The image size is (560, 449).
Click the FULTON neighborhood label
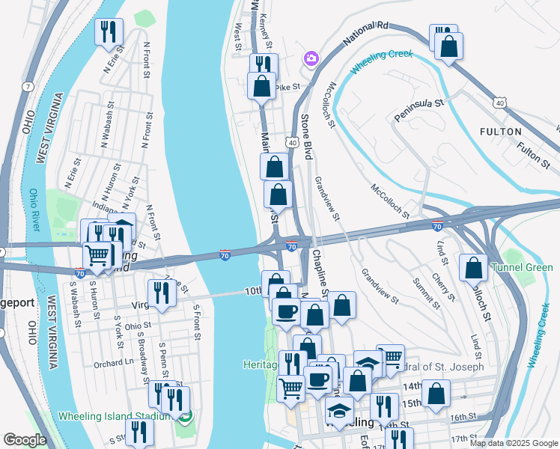pyautogui.click(x=501, y=132)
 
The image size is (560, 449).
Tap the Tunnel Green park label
pyautogui.click(x=521, y=268)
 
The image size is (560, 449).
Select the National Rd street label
pyautogui.click(x=366, y=35)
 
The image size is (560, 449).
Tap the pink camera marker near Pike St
pyautogui.click(x=311, y=58)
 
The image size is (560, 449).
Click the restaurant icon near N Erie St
pyautogui.click(x=109, y=31)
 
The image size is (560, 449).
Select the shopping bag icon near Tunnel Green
pyautogui.click(x=474, y=268)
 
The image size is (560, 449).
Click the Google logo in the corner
pyautogui.click(x=25, y=441)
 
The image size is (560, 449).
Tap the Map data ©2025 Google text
pyautogui.click(x=514, y=443)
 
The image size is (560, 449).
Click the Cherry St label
pyautogui.click(x=447, y=287)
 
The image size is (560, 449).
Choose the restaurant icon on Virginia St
pyautogui.click(x=162, y=293)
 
